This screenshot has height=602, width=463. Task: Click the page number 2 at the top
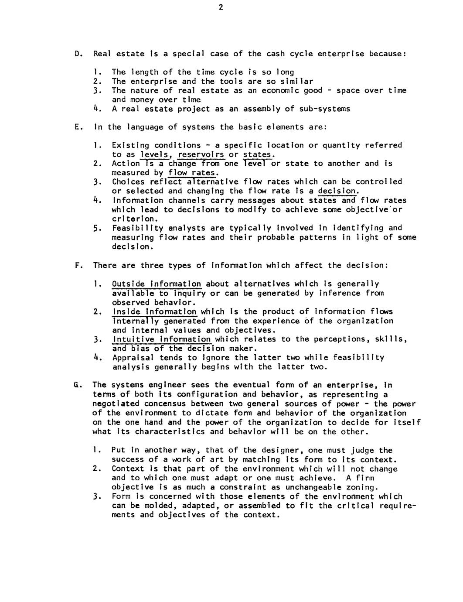221,7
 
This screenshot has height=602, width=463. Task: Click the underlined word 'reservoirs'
201,155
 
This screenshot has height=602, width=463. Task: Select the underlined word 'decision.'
338,191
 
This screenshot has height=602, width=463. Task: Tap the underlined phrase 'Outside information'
157,284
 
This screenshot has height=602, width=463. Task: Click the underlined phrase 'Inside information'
154,311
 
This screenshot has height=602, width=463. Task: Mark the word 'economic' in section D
280,91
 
